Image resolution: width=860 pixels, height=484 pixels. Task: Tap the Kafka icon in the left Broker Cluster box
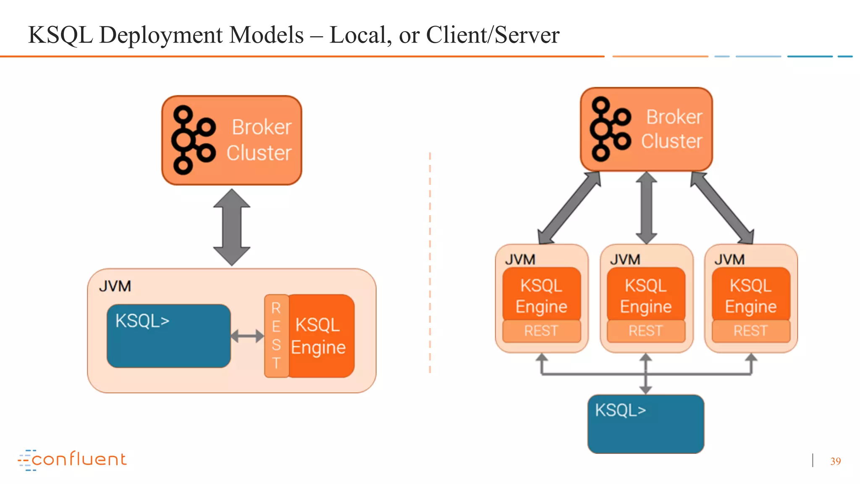[x=193, y=140]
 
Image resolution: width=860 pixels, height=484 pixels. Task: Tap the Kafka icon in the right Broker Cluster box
[x=610, y=129]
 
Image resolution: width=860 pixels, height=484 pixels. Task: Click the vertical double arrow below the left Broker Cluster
[x=232, y=227]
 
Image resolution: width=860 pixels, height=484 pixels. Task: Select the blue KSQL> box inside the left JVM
[x=168, y=336]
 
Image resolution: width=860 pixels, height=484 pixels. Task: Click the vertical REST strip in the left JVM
[x=276, y=336]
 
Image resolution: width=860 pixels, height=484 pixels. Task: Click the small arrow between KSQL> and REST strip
[x=247, y=336]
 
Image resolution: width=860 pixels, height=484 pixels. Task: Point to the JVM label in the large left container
[x=115, y=287]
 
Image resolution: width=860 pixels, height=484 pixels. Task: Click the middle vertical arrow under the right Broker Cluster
[x=646, y=208]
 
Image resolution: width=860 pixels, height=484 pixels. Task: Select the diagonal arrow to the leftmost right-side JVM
[x=569, y=208]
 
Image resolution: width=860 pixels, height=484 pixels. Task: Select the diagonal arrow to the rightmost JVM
[x=722, y=208]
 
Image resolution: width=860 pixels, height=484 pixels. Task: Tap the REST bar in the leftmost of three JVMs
[x=541, y=331]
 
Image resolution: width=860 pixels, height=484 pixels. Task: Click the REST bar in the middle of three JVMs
[x=646, y=331]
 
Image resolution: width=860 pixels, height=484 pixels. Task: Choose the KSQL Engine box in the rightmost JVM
[x=751, y=295]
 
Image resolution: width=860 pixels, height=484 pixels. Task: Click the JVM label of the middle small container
[x=625, y=260]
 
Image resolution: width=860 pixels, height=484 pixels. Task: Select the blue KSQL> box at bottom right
[x=646, y=424]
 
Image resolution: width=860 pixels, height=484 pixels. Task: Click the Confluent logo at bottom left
[x=72, y=460]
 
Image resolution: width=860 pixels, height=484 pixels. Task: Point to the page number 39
[x=835, y=461]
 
